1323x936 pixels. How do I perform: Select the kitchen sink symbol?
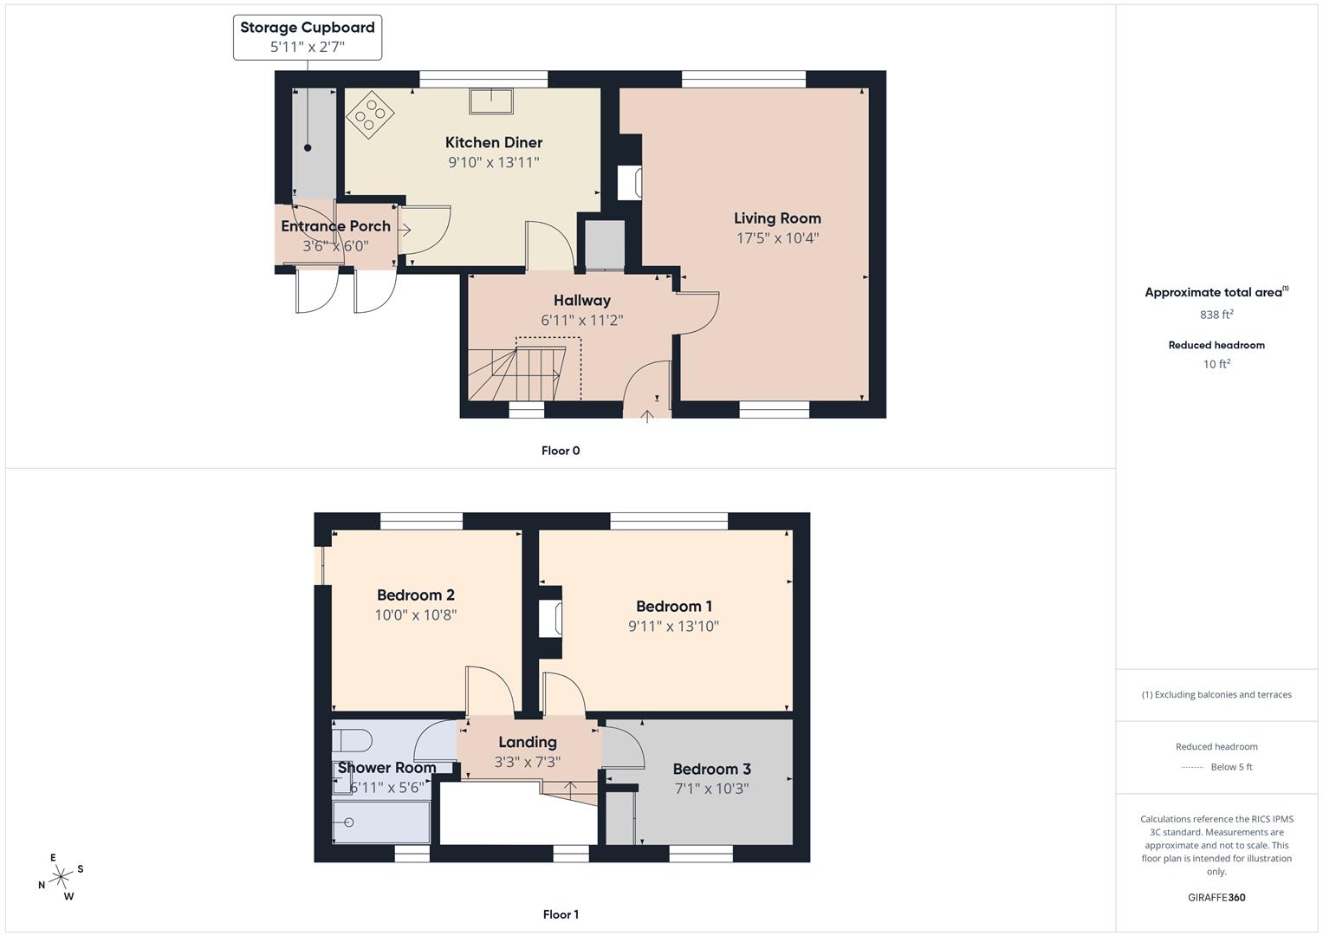coord(490,101)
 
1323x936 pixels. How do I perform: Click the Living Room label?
coord(777,218)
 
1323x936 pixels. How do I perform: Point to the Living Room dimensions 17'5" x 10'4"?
coord(777,238)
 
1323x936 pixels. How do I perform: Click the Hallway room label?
coord(582,301)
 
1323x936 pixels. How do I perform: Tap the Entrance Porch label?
coord(335,226)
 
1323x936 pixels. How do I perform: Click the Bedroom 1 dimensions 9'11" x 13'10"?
coord(673,627)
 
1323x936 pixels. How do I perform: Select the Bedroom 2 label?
coord(415,595)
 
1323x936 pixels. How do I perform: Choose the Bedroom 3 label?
coord(711,770)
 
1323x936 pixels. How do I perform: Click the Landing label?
coord(527,743)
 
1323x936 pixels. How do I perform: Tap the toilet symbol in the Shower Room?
coord(353,741)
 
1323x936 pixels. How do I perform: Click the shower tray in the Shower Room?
coord(382,822)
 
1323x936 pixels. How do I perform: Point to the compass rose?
coord(61,877)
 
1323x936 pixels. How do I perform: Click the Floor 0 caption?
coord(561,451)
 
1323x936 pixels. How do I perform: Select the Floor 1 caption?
coord(561,914)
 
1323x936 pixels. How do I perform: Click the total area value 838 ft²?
coord(1216,315)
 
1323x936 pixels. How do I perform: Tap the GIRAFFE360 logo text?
coord(1216,898)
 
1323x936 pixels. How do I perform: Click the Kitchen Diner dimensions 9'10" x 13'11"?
coord(493,163)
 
